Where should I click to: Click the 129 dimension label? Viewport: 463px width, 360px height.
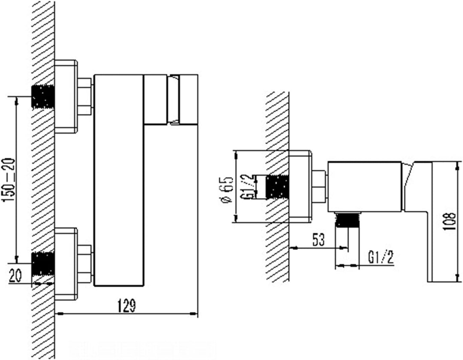(127, 306)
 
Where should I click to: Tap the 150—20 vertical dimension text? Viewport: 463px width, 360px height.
(9, 180)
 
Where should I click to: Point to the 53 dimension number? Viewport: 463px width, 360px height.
(318, 240)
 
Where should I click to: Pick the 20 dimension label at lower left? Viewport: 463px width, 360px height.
(15, 276)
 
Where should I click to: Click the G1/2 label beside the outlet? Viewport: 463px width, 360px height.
(381, 257)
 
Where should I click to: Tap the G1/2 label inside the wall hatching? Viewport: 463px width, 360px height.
(249, 186)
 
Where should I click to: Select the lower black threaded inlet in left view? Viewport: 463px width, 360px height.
(43, 264)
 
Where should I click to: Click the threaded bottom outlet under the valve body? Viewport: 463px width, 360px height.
(348, 219)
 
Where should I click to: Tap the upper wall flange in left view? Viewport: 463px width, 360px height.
(66, 96)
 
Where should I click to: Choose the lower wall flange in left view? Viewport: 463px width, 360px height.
(66, 264)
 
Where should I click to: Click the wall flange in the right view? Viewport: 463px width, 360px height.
(300, 186)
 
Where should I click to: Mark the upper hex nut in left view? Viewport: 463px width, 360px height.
(85, 96)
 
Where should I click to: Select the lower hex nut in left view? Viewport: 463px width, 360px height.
(85, 264)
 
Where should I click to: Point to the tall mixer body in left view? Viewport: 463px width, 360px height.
(119, 180)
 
